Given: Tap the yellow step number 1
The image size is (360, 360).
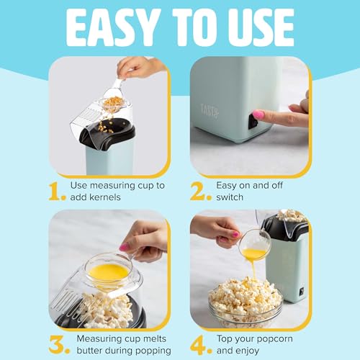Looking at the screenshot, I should click(57, 190).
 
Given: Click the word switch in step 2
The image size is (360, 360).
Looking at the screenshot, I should click(232, 197).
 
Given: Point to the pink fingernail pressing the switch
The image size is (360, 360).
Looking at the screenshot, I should click(258, 114).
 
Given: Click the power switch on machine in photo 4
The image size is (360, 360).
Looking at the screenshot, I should click(300, 291).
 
